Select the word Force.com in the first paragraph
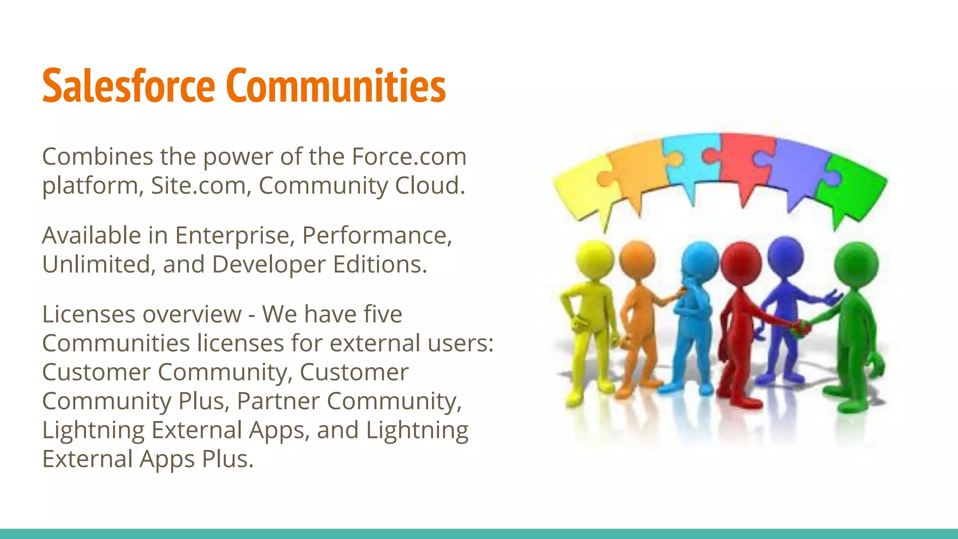tap(409, 156)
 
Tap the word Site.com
tap(198, 185)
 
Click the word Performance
tap(377, 235)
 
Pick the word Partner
tap(278, 401)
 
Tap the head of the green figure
tap(856, 264)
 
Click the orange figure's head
tap(637, 260)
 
